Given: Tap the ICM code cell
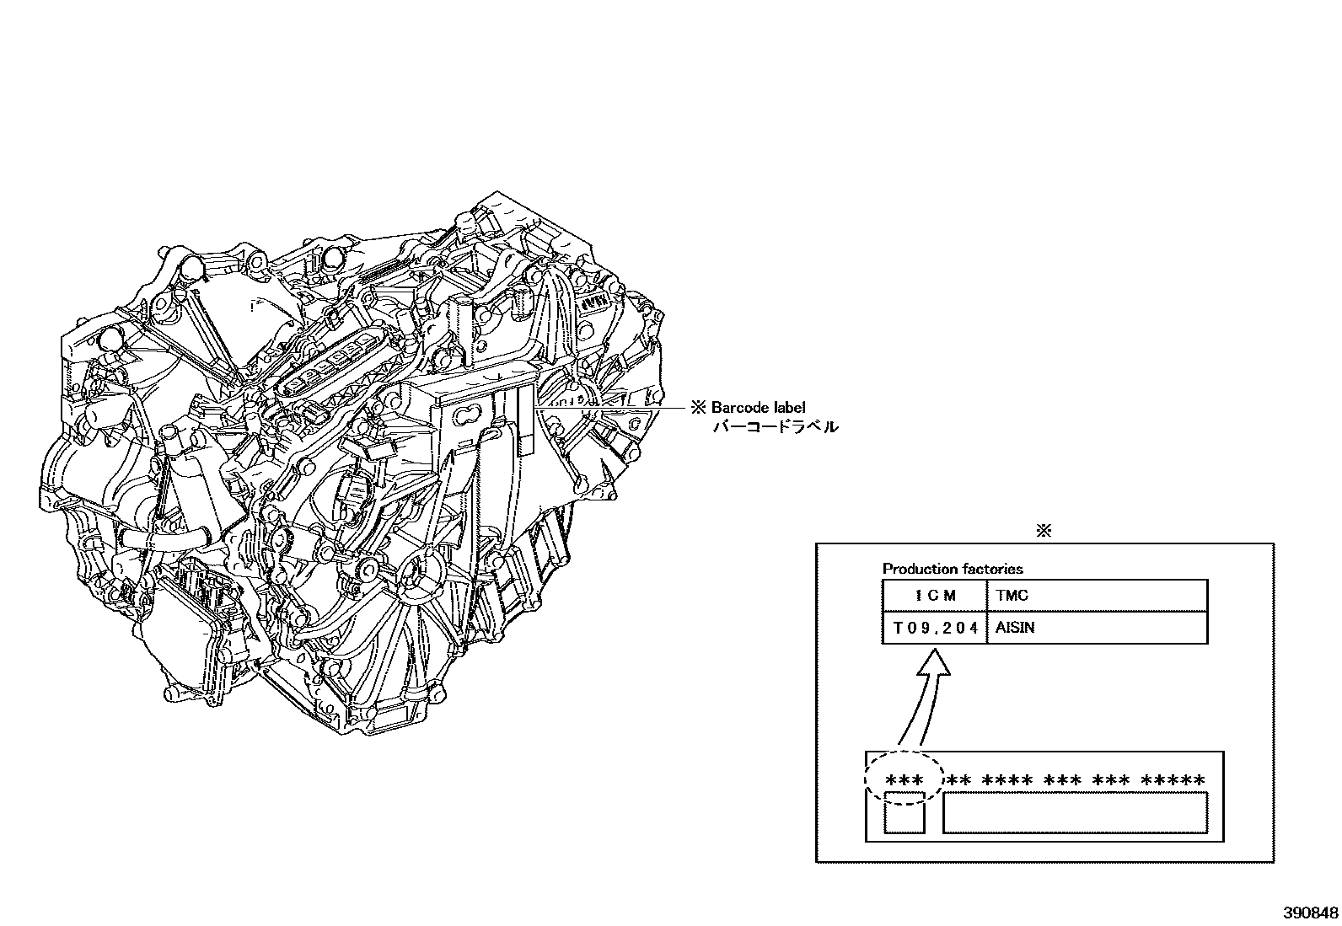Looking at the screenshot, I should [x=935, y=596].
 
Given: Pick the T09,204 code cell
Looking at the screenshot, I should [x=935, y=628].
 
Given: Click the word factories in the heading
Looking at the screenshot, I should [x=992, y=569].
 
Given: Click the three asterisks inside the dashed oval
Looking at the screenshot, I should [x=905, y=781].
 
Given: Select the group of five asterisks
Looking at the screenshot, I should [x=1173, y=781].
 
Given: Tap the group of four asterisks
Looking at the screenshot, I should [x=1006, y=781].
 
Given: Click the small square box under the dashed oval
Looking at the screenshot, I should [x=905, y=814].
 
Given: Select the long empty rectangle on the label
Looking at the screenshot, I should [x=1075, y=813].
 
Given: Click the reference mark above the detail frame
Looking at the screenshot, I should [x=1044, y=531].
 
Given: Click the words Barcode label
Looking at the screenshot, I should [x=758, y=407].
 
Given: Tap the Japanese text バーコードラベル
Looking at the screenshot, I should [x=776, y=427].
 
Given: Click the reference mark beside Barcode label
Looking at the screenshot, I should [x=698, y=407].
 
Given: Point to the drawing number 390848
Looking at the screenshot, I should [x=1311, y=913].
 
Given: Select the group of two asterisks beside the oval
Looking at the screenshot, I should [x=958, y=781].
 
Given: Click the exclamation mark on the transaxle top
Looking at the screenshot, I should [x=251, y=303].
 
